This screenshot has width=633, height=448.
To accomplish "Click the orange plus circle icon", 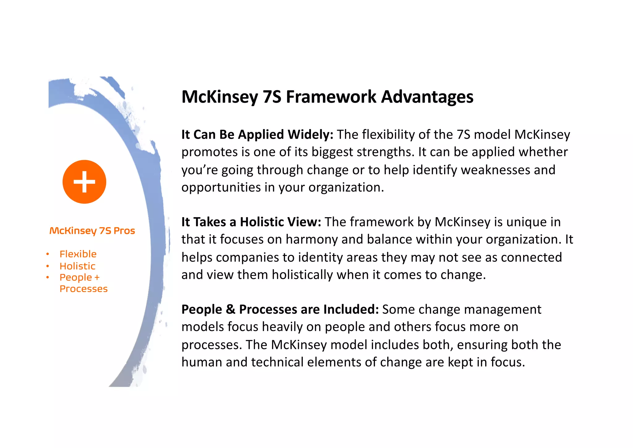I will tap(84, 182).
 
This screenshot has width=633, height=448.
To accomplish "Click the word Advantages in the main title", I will tap(427, 97).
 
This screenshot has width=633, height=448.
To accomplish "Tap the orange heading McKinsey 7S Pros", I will tap(92, 231).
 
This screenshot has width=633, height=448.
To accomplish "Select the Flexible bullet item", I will tap(78, 254).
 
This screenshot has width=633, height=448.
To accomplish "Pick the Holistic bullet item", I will tap(77, 266).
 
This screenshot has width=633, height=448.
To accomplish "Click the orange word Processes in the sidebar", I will tap(83, 289).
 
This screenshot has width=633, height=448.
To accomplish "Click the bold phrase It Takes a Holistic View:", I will tap(251, 222).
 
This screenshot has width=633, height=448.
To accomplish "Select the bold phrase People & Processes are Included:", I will tap(280, 310).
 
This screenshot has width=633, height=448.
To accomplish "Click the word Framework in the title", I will tap(331, 97).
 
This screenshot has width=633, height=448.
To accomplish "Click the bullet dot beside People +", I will tap(48, 278).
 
